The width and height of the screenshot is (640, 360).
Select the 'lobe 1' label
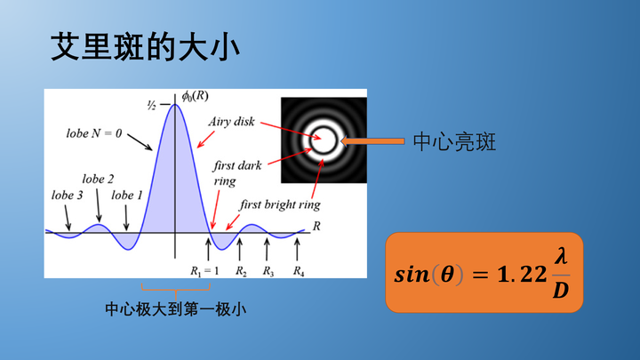[126, 195]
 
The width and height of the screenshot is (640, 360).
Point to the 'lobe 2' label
[98, 179]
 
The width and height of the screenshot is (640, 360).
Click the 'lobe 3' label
[67, 195]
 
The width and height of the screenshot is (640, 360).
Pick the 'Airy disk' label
[232, 122]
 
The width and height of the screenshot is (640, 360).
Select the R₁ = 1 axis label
[204, 270]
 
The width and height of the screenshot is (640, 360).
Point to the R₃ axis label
[268, 270]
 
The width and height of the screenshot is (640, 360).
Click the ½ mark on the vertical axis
[152, 105]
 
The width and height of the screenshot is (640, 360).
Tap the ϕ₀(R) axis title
[196, 95]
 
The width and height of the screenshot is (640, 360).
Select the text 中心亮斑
[454, 141]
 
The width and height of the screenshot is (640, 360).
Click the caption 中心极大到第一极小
[175, 309]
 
